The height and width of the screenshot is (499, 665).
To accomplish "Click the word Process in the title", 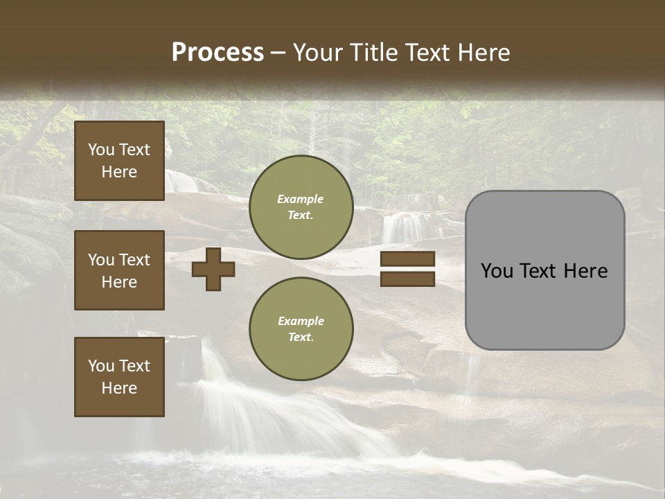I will point(218,53).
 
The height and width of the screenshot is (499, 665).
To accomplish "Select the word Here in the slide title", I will point(483,53).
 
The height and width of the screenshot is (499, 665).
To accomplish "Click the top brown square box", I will point(119,161).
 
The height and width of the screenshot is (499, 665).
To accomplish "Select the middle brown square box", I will point(119,270).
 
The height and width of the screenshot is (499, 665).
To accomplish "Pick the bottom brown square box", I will point(119,376).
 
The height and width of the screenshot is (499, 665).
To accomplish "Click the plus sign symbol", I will point(213,269).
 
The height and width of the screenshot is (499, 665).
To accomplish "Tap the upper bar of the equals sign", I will point(407,259).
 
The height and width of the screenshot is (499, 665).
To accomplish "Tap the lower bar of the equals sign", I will point(407,279).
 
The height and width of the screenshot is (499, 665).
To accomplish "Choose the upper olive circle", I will point(301,207).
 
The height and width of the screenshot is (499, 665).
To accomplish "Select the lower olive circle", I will point(301,329).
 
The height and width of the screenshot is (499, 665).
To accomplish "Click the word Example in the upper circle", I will point(301,199).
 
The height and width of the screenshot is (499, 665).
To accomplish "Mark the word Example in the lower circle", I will point(301,321).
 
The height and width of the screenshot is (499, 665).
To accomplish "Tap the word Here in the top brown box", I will point(119,172).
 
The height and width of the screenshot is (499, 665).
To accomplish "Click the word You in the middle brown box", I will point(100,260).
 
